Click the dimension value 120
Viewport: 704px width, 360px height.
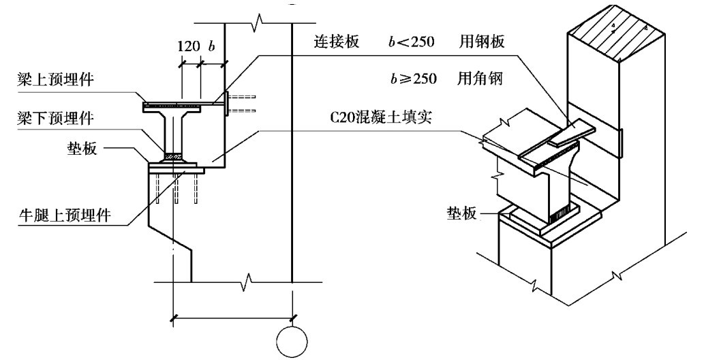[x=188, y=47]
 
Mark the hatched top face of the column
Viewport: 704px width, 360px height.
[x=617, y=39]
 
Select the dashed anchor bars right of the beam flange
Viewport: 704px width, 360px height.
[x=242, y=102]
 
